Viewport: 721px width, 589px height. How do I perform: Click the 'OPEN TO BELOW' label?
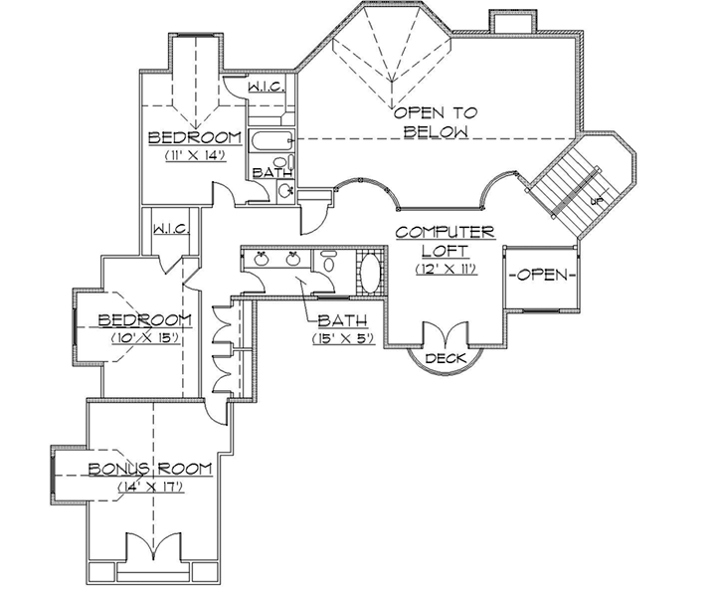pos(431,122)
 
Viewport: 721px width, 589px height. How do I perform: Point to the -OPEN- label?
pos(541,275)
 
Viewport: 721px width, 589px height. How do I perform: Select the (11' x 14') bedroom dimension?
pos(195,155)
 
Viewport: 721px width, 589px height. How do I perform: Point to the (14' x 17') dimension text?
pos(148,488)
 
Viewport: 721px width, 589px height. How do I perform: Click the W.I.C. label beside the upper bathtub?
pos(266,88)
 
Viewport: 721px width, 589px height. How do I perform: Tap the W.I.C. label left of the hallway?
pos(171,230)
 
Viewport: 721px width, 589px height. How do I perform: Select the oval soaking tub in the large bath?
pos(369,272)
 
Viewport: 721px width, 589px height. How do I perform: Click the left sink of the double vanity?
pos(263,260)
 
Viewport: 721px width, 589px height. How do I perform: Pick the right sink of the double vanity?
pos(293,260)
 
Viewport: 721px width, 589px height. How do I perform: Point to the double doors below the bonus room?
pos(152,548)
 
